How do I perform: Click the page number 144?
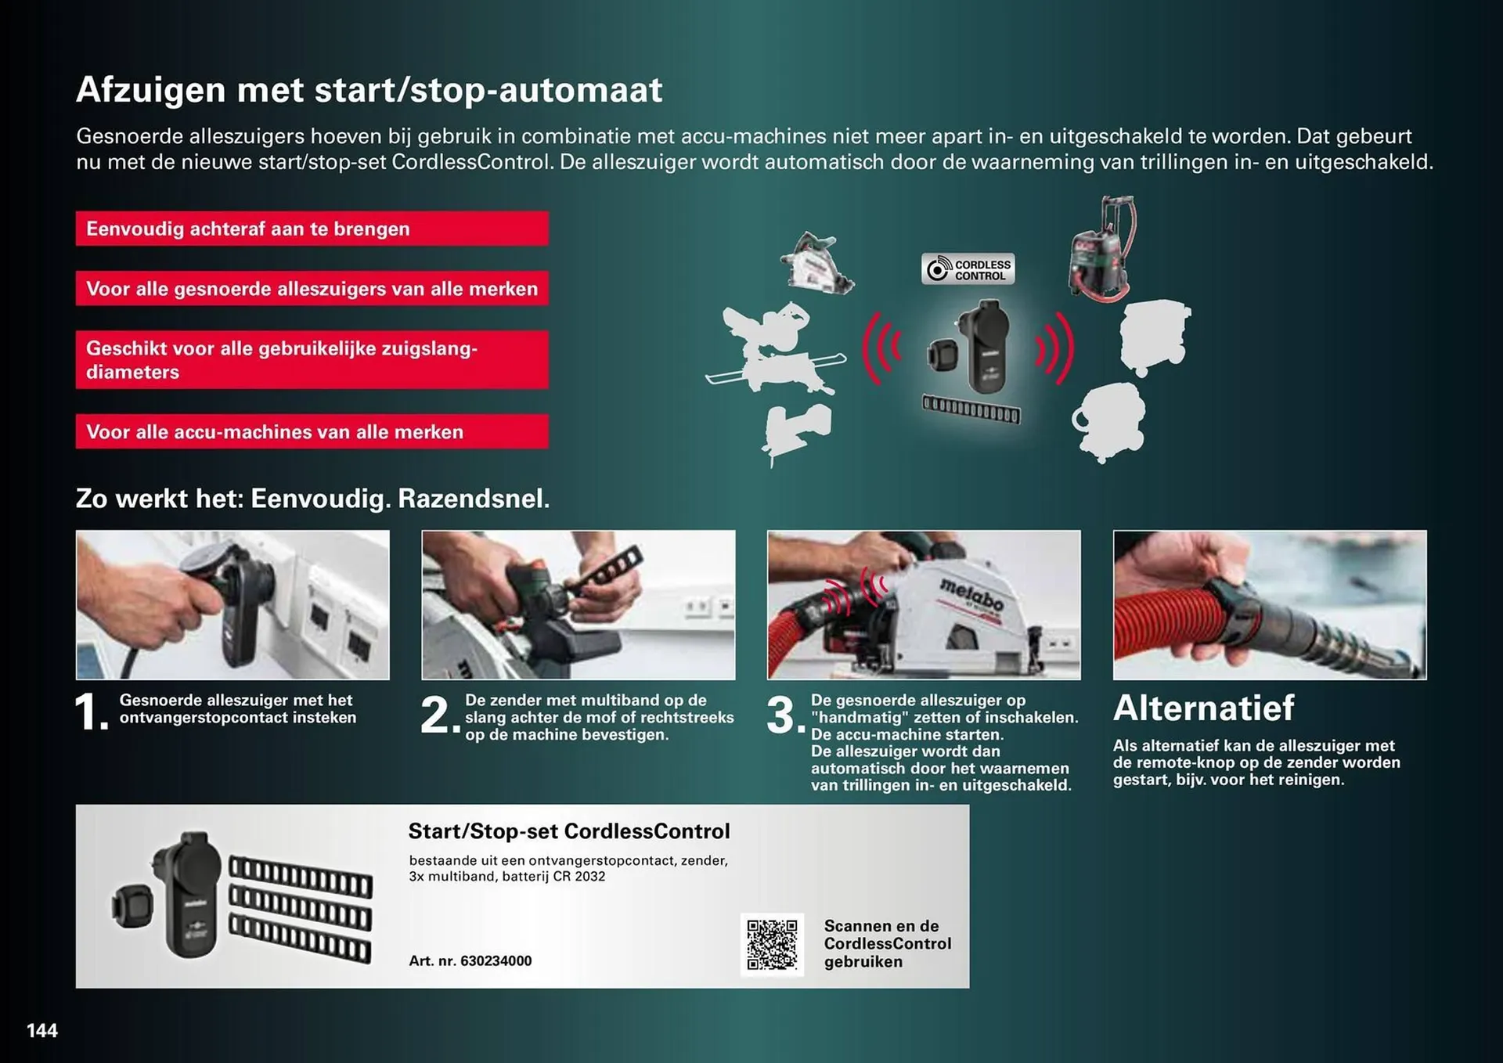click(x=42, y=1030)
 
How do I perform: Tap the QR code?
click(x=772, y=944)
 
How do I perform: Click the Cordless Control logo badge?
click(x=968, y=269)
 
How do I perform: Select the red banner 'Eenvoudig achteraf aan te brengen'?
click(x=312, y=229)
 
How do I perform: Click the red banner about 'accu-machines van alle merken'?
click(x=312, y=431)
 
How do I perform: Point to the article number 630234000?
click(x=470, y=960)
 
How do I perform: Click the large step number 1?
click(x=92, y=714)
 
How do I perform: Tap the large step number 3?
click(x=783, y=715)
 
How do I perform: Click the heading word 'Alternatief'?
click(x=1203, y=708)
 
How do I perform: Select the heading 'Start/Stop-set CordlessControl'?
click(x=568, y=831)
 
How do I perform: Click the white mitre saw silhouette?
click(x=775, y=348)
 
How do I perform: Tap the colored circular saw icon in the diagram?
click(x=818, y=264)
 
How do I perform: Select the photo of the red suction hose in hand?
click(x=1269, y=604)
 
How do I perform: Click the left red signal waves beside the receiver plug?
click(x=882, y=348)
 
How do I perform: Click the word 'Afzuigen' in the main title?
click(x=150, y=90)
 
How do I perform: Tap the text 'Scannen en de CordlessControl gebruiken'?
click(x=887, y=943)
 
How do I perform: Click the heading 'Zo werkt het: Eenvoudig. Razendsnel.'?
click(x=312, y=499)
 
